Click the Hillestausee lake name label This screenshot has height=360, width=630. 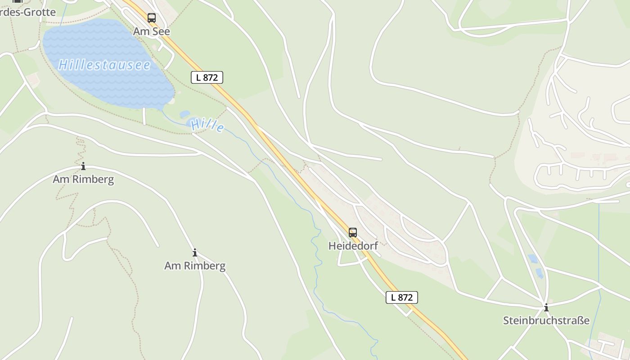click(104, 65)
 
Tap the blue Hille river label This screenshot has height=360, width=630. click(207, 125)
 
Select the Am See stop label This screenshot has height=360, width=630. click(152, 31)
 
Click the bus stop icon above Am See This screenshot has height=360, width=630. click(152, 18)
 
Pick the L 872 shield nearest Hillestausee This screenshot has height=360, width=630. click(207, 77)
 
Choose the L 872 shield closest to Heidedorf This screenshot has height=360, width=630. click(401, 297)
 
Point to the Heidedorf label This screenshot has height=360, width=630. click(353, 246)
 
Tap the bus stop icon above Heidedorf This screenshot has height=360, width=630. click(353, 232)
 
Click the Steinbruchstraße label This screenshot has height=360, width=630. click(546, 320)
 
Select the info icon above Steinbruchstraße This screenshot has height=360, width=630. click(546, 308)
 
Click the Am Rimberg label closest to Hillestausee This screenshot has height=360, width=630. click(83, 179)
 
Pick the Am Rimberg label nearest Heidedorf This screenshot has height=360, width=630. click(195, 265)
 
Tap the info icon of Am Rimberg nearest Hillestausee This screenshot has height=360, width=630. click(83, 166)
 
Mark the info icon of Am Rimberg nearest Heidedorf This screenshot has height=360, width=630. click(195, 252)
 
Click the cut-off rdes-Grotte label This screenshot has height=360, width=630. click(28, 12)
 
